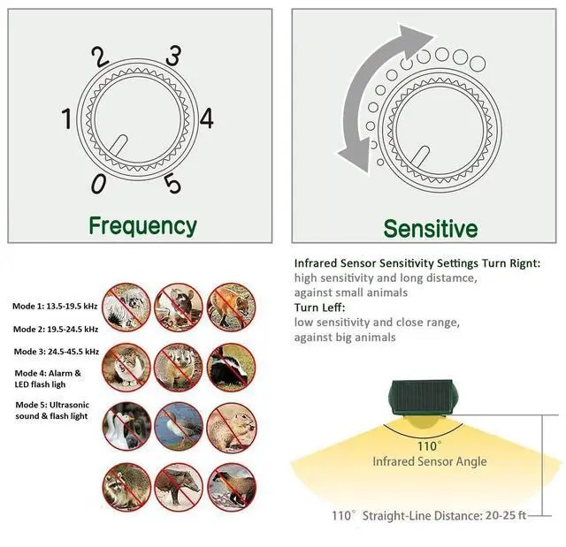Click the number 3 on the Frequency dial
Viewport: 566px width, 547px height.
[x=175, y=56]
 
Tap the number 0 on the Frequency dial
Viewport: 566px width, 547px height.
[x=98, y=182]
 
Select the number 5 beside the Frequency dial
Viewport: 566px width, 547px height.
[x=172, y=183]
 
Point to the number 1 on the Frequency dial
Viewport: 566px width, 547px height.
[x=67, y=118]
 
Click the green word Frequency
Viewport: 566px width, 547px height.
[x=142, y=225]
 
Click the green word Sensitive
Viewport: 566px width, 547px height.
[x=430, y=229]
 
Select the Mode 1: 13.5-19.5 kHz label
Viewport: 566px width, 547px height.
[x=55, y=307]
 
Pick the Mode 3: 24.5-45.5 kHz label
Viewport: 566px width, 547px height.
[x=55, y=351]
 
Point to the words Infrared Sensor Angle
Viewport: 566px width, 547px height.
[x=429, y=461]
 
